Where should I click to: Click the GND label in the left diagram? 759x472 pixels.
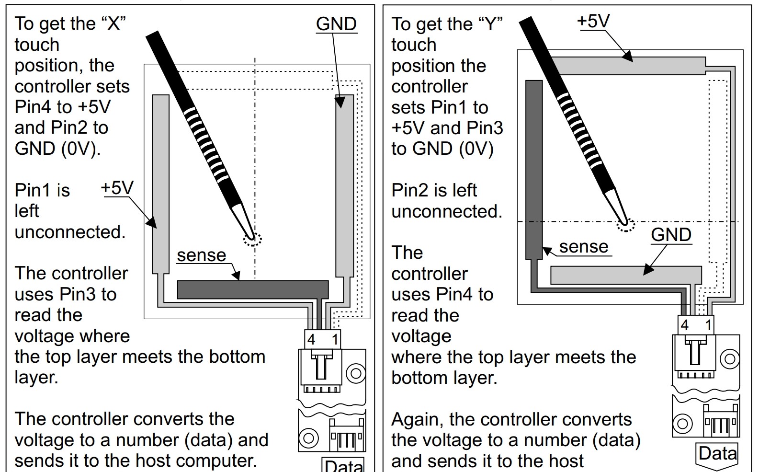coord(336,24)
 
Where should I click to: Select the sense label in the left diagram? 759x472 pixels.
coord(201,255)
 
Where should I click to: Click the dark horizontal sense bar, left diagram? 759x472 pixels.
coord(253,289)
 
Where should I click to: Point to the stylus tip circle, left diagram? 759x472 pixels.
coord(252,240)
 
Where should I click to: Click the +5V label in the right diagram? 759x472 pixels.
coord(593,21)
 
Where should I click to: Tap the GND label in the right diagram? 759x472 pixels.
coord(671,235)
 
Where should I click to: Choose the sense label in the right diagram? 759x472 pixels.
coord(583,246)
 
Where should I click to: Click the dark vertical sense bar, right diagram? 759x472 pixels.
coord(534,170)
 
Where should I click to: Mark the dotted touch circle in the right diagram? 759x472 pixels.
coord(625,224)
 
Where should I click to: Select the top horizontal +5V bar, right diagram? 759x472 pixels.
coord(629,66)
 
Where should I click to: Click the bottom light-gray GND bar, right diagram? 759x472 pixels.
coord(626,275)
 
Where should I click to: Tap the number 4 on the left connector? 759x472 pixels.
coord(311,339)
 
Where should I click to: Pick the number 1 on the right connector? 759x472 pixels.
coord(708,325)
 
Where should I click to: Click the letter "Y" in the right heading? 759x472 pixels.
coord(490,24)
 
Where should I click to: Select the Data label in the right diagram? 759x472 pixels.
coord(717,453)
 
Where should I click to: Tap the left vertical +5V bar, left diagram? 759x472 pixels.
coord(160,184)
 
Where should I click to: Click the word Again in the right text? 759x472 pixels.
coord(418,420)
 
